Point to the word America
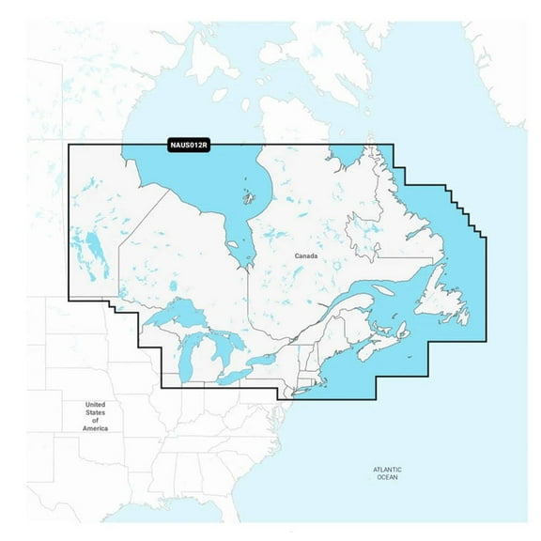(95, 428)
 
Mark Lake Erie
(235, 375)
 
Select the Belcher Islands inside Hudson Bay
(249, 197)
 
